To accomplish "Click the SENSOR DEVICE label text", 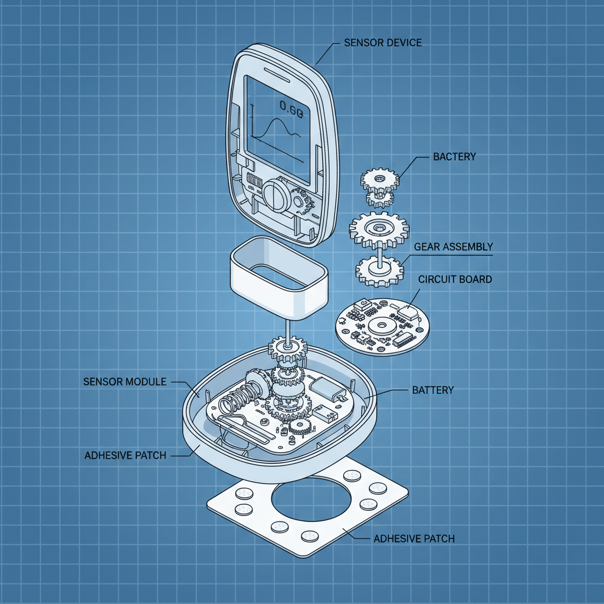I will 382,43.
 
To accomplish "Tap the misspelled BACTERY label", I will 454,156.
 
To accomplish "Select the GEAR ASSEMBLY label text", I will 453,247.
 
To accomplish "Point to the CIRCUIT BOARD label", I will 455,279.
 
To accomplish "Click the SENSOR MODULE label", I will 125,382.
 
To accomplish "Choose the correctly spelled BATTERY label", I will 432,390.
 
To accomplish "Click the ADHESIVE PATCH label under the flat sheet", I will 414,539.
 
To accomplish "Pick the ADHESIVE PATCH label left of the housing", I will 125,455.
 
